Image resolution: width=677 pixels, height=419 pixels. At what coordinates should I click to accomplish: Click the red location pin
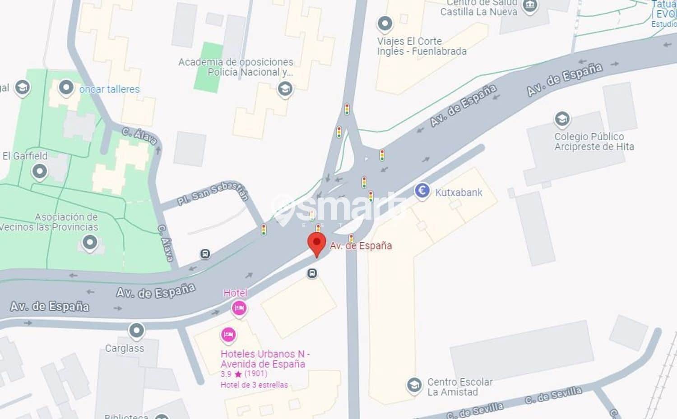click(317, 243)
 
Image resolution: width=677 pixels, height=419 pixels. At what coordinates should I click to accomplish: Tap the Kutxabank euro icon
click(422, 191)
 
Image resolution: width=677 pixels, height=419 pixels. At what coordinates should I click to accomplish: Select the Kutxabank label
click(459, 193)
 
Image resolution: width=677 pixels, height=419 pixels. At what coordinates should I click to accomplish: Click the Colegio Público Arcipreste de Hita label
click(594, 142)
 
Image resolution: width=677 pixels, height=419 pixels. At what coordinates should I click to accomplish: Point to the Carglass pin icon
click(136, 331)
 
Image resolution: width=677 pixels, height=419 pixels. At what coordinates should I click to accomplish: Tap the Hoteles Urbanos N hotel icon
click(228, 335)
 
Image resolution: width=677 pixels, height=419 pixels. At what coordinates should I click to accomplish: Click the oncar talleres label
click(109, 89)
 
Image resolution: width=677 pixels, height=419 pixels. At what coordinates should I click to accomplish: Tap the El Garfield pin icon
click(40, 171)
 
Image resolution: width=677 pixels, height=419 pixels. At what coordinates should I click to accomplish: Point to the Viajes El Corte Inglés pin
click(385, 23)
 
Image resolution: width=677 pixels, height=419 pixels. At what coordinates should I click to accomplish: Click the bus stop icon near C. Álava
click(205, 254)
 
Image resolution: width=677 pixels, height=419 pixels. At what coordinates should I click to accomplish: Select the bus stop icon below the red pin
click(312, 273)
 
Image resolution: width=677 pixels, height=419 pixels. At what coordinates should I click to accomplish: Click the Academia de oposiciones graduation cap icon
click(285, 89)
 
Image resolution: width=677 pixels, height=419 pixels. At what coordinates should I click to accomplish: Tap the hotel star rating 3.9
click(226, 374)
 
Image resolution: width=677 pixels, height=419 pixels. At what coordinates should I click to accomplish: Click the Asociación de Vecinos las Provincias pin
click(89, 242)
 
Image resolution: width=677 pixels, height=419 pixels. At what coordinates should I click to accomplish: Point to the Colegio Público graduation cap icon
click(562, 119)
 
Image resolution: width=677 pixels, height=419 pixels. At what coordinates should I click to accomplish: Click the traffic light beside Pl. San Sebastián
click(264, 230)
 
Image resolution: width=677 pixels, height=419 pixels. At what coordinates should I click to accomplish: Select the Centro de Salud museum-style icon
click(529, 6)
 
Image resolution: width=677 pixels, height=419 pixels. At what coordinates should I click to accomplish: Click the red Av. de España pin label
click(361, 246)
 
